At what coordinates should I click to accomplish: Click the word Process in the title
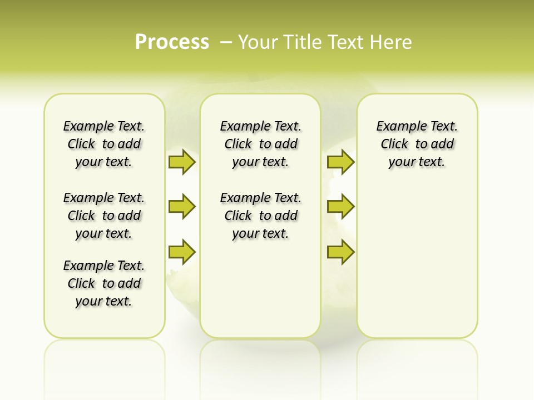[x=172, y=42]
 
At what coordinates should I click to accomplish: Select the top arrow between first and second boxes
[x=182, y=162]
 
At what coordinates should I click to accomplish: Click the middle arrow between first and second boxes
[x=182, y=207]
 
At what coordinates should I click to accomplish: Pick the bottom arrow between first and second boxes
[x=182, y=252]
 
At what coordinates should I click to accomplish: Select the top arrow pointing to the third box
[x=340, y=162]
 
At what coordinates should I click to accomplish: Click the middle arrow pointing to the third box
[x=340, y=207]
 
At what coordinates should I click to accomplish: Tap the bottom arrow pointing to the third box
[x=340, y=252]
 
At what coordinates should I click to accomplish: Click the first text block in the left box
[x=104, y=144]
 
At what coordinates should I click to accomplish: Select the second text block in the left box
[x=104, y=216]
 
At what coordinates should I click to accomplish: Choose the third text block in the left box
[x=104, y=283]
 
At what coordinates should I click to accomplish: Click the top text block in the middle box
[x=260, y=144]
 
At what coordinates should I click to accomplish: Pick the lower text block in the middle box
[x=260, y=216]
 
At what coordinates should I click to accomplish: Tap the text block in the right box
[x=417, y=144]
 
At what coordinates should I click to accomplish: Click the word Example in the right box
[x=398, y=127]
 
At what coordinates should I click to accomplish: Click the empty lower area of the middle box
[x=260, y=289]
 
